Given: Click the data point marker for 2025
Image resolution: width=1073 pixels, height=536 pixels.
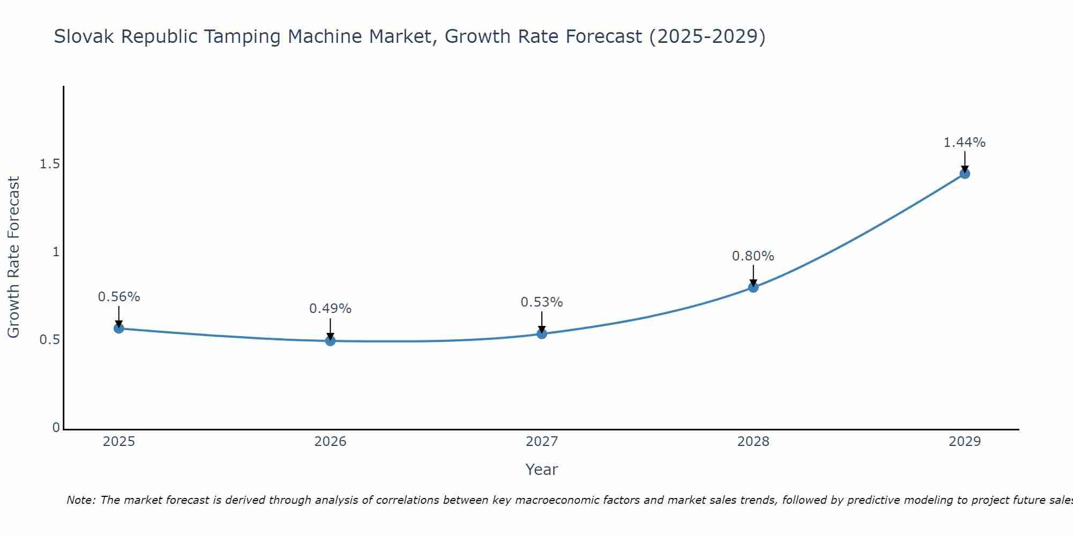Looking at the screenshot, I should [119, 329].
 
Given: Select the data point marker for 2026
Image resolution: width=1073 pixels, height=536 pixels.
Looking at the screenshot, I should [330, 340].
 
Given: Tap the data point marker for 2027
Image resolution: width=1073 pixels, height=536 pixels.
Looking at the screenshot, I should [542, 334].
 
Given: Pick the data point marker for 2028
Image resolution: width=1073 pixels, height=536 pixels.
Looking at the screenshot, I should [753, 287].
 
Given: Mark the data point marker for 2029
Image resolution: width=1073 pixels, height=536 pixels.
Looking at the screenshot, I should [965, 174].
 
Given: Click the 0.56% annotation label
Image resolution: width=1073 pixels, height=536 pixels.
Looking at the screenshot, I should [119, 297].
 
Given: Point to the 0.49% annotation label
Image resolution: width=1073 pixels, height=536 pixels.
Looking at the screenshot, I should [330, 309].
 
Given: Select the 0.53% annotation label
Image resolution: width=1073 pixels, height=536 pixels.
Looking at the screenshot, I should [542, 302].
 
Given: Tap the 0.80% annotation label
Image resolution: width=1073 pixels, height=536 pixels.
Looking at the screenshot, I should [753, 256].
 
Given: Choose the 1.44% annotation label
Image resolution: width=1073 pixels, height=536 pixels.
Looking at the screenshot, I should [965, 143].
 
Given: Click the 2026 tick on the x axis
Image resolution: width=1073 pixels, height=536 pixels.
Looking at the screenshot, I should [330, 442].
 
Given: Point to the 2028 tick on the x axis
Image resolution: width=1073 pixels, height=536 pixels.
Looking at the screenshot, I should [753, 442].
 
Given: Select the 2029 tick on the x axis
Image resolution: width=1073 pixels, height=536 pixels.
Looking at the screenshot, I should [965, 442].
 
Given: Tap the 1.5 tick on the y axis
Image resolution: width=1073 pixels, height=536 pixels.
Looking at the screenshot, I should [49, 165].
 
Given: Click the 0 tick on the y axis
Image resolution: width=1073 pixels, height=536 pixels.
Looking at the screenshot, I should [56, 428].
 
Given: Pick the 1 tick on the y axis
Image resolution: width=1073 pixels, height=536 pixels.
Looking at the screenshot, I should [56, 252].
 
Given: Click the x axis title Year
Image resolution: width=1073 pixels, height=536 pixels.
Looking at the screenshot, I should [541, 470].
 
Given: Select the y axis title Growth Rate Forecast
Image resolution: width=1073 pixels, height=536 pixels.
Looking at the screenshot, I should [14, 257].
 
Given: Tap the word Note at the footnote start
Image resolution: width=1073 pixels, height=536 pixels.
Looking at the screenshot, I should [80, 500].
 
